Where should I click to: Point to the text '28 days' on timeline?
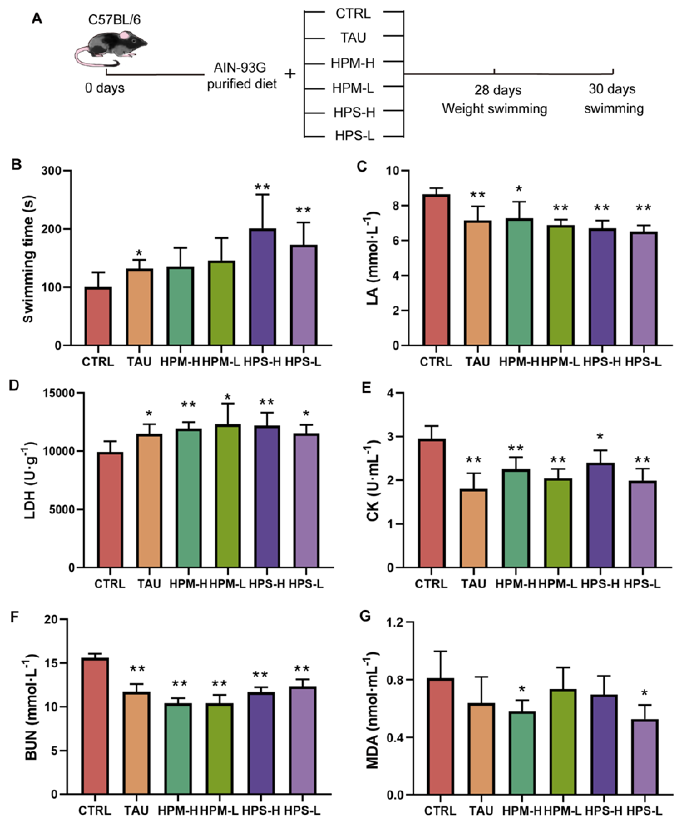click(x=498, y=90)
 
